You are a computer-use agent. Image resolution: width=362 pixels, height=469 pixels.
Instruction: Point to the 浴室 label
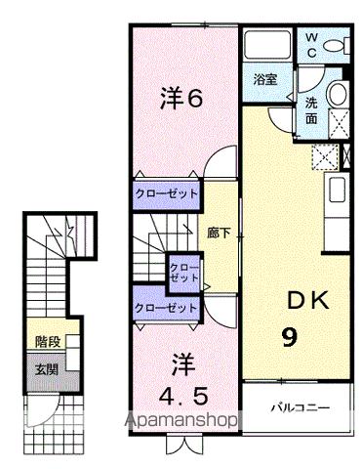pos(265,80)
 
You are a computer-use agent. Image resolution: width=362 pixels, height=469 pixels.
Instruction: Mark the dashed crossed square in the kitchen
pos(323,157)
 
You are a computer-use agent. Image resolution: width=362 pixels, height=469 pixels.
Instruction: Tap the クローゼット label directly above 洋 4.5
pos(167,307)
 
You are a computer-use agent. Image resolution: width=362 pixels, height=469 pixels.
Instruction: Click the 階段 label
pos(48,343)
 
